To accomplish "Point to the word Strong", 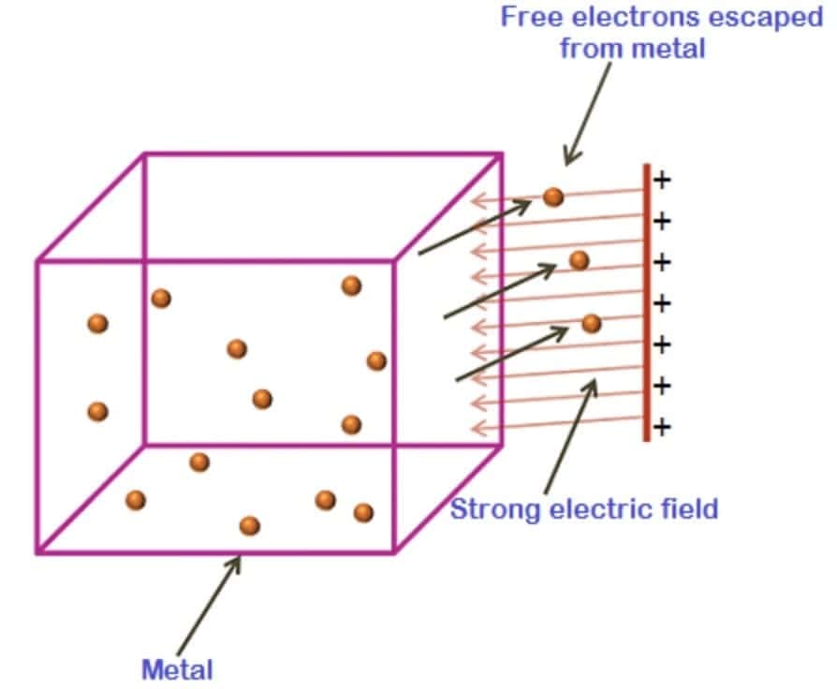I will click(495, 510).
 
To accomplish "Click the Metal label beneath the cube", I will click(177, 669).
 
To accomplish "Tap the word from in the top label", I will click(589, 48).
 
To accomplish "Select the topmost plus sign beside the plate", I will click(662, 181).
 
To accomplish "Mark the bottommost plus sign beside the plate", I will click(662, 428).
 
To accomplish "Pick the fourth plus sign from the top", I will click(662, 303).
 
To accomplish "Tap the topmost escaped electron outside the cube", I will click(553, 197).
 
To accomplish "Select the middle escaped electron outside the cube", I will click(580, 260).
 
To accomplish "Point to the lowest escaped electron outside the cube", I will click(591, 323).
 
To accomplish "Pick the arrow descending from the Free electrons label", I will click(590, 112).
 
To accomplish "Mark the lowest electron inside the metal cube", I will click(249, 526).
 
